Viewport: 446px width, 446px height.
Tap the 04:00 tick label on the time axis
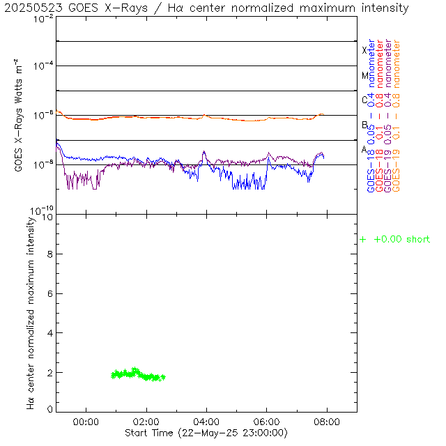pyautogui.click(x=207, y=422)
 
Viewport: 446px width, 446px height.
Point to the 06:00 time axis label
pyautogui.click(x=267, y=422)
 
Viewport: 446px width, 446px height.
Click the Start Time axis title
pyautogui.click(x=207, y=433)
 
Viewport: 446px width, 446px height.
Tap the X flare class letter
pyautogui.click(x=364, y=50)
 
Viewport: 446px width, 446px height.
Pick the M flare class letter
pyautogui.click(x=364, y=75)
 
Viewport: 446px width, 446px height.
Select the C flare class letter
pyautogui.click(x=364, y=100)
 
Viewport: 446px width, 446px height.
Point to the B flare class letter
pyautogui.click(x=364, y=125)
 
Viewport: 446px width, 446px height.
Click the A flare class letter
pyautogui.click(x=364, y=149)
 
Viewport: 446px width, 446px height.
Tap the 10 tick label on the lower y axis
pyautogui.click(x=46, y=217)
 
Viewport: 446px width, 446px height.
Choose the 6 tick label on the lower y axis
pyautogui.click(x=49, y=294)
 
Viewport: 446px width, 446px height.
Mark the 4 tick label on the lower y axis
pyautogui.click(x=49, y=333)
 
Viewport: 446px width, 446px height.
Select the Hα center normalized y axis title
pyautogui.click(x=31, y=312)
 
